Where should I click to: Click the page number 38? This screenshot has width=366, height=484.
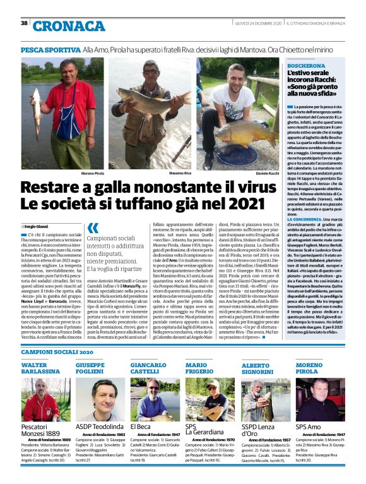[x=24, y=23]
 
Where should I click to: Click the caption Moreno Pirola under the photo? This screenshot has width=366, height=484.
[x=76, y=172]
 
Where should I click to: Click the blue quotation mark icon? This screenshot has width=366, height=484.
[x=93, y=228]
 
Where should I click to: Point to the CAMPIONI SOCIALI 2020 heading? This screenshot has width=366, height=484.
[x=57, y=351]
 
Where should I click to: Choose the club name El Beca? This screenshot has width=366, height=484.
[x=140, y=427]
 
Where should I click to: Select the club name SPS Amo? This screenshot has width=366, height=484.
[x=309, y=427]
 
